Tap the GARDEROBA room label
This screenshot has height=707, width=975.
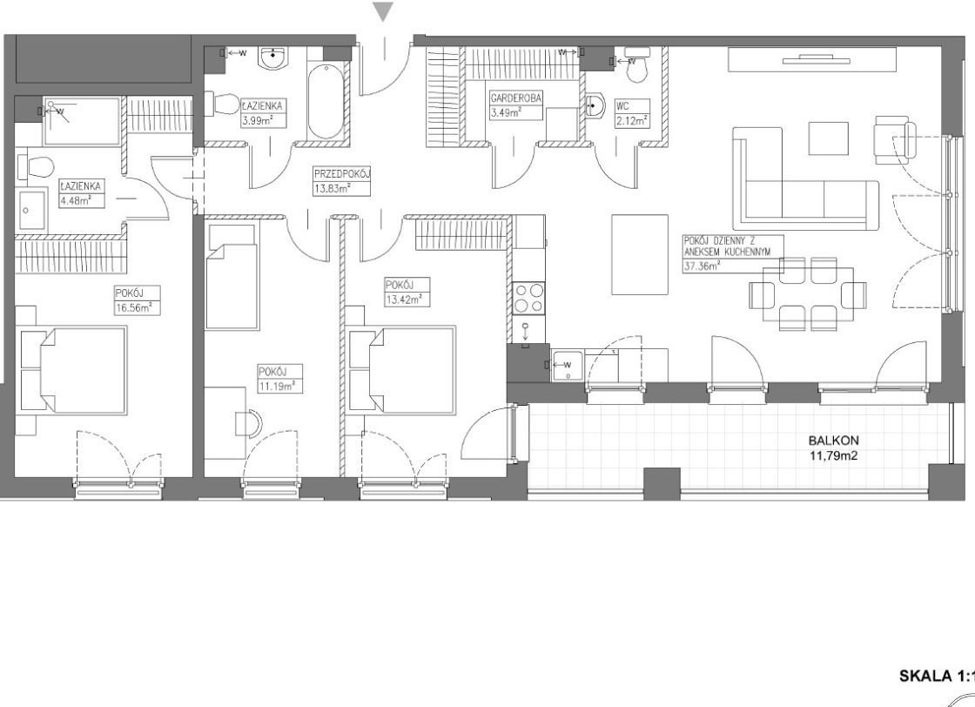[515, 98]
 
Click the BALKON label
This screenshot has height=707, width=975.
[834, 441]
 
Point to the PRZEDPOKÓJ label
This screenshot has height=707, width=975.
[341, 174]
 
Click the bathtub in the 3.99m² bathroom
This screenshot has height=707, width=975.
[326, 101]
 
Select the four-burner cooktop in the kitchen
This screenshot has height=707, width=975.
[529, 298]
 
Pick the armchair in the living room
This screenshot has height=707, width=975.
[896, 140]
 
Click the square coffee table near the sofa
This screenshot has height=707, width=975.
[828, 138]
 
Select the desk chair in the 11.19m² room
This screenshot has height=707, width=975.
[249, 423]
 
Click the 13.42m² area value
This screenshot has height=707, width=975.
[404, 300]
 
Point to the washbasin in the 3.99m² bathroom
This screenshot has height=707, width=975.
[274, 57]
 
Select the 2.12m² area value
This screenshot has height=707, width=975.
[632, 121]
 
